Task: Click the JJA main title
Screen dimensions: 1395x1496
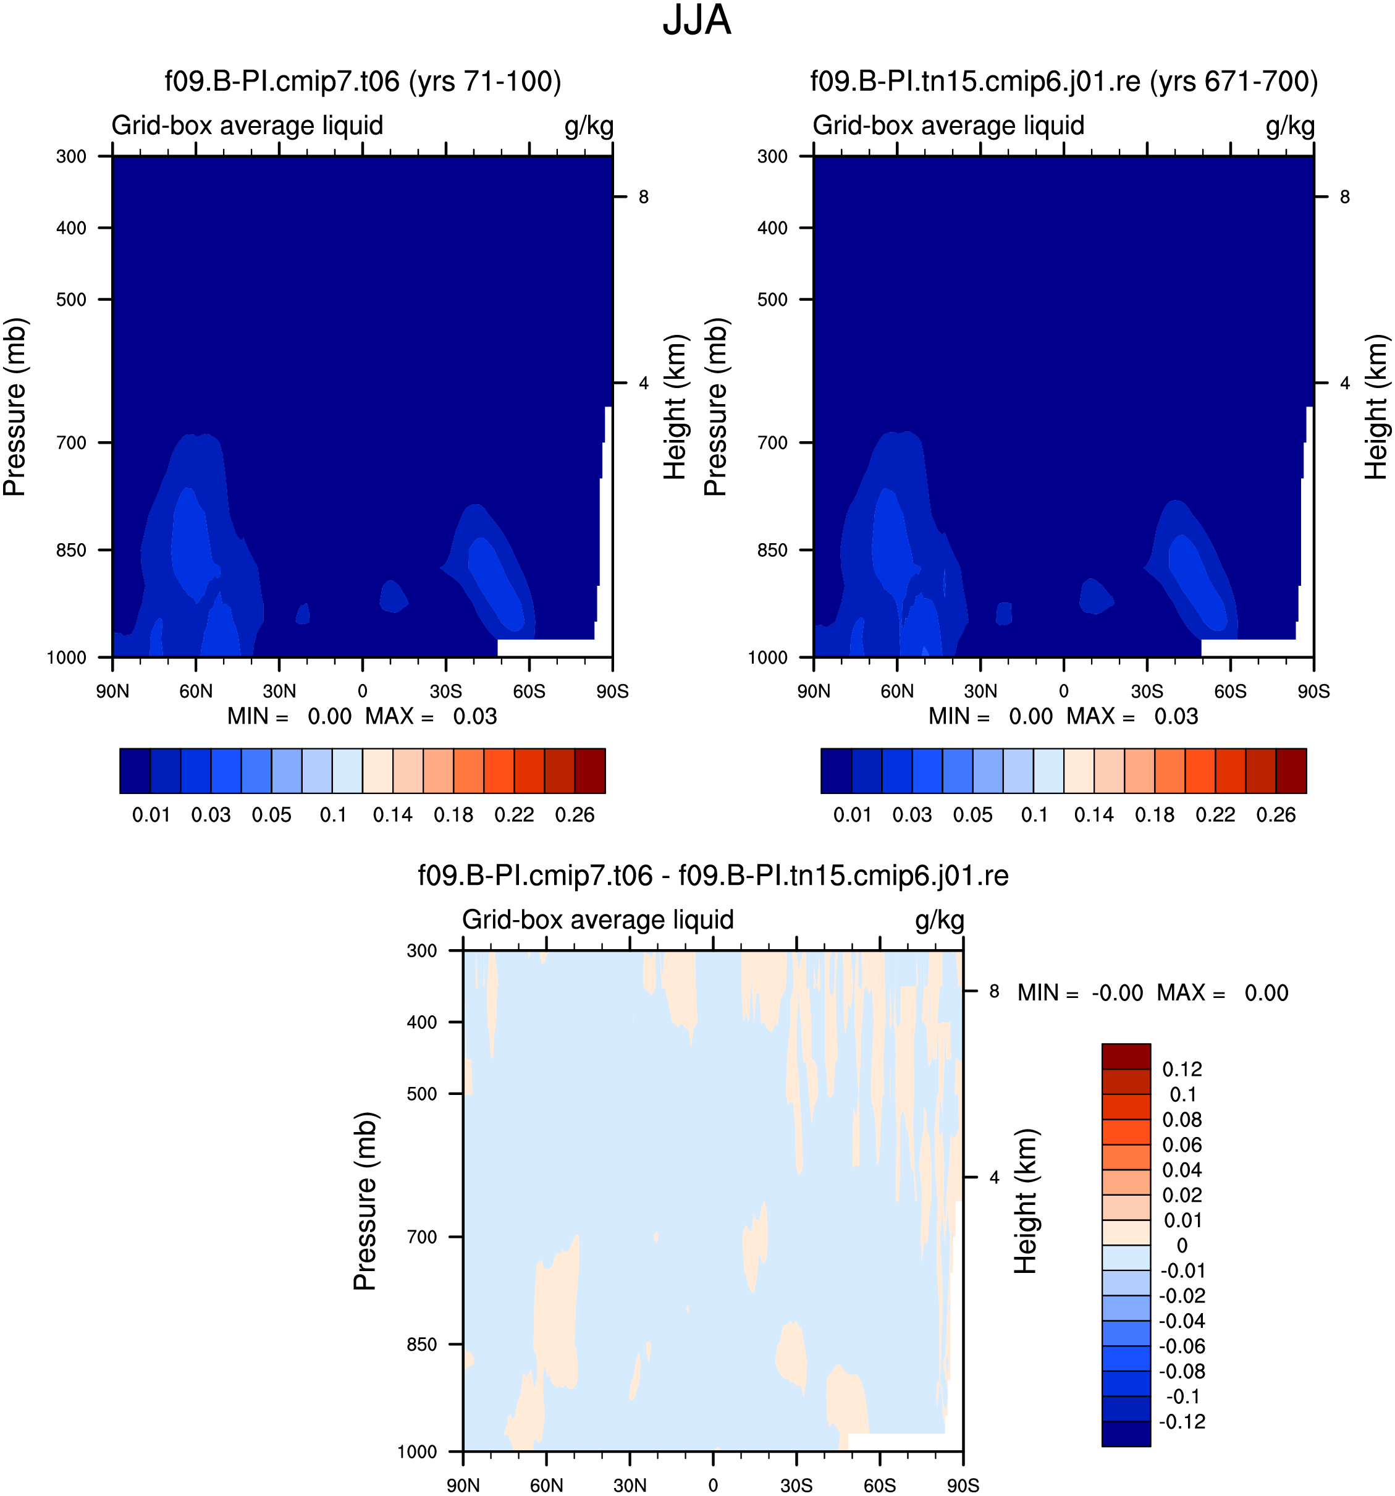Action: coord(696,20)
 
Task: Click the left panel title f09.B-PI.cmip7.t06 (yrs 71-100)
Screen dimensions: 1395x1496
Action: coord(363,82)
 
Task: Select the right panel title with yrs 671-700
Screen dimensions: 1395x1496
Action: coord(1064,82)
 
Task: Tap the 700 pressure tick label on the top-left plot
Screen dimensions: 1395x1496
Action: coord(72,442)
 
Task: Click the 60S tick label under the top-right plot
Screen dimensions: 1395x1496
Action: coord(1230,691)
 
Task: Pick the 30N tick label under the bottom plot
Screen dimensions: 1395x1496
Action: coord(630,1485)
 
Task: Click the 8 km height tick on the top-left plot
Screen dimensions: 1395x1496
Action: coord(643,197)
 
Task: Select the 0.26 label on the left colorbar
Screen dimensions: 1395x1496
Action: coord(575,815)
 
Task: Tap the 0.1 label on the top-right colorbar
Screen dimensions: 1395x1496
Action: coord(1034,815)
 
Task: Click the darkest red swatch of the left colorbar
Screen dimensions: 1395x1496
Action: coord(590,771)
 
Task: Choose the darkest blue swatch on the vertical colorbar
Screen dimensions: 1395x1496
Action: coord(1126,1434)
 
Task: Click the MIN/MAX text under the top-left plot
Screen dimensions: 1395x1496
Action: coord(362,716)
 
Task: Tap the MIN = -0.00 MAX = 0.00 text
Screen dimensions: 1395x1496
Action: coord(1153,992)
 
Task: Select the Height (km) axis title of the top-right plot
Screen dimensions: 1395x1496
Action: coord(1376,407)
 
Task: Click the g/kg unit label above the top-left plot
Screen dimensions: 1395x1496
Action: coord(589,125)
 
